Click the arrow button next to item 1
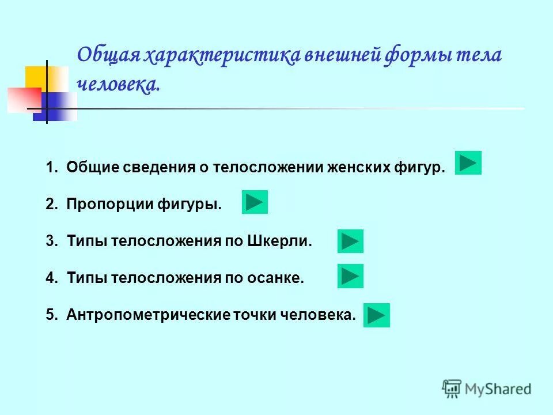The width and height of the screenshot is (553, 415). click(x=468, y=163)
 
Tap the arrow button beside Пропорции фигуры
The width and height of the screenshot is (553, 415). click(x=255, y=202)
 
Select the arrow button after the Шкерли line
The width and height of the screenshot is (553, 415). click(x=350, y=242)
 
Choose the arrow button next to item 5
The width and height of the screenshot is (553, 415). click(x=376, y=315)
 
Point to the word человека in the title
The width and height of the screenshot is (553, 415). click(x=118, y=85)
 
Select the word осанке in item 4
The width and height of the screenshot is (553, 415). click(x=279, y=278)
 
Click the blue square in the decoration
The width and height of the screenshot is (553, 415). click(x=58, y=107)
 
